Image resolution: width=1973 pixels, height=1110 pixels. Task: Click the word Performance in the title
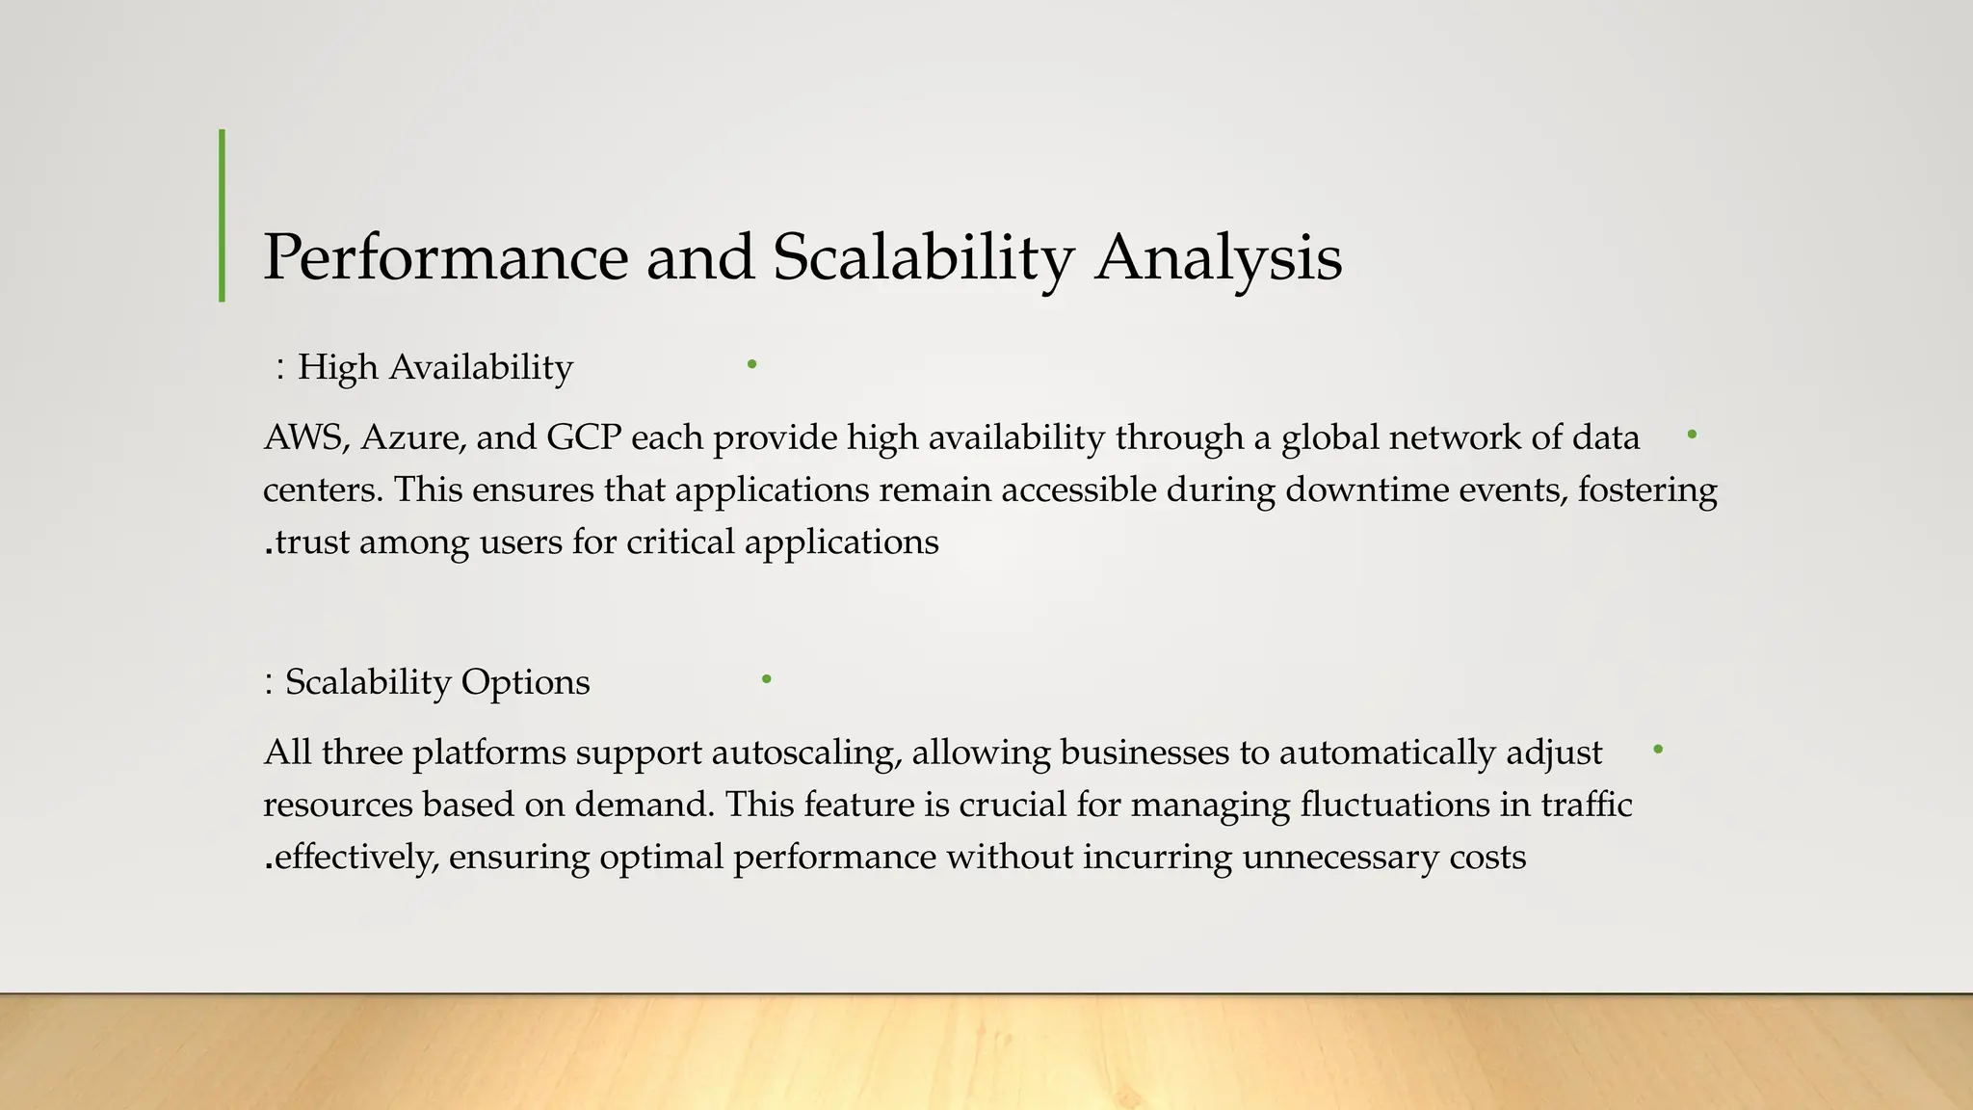tap(445, 258)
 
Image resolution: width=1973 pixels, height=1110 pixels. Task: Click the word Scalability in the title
tap(923, 258)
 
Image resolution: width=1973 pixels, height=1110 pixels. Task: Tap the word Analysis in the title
tap(1218, 258)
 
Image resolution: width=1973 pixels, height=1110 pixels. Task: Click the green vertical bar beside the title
tap(223, 216)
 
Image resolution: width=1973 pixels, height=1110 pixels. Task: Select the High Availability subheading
tap(434, 367)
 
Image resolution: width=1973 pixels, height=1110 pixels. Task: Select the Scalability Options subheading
tap(437, 682)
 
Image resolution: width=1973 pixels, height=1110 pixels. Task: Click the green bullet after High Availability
tap(751, 364)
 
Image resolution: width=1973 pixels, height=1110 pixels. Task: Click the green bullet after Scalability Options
tap(766, 679)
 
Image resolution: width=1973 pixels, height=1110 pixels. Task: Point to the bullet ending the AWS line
tap(1692, 435)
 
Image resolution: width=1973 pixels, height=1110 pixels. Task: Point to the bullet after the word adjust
tap(1657, 749)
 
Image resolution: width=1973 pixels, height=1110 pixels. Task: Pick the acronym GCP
tap(584, 437)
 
